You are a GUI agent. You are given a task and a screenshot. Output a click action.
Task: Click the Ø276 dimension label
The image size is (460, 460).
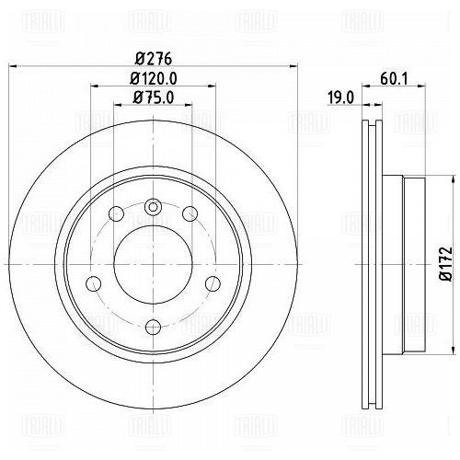(x=154, y=59)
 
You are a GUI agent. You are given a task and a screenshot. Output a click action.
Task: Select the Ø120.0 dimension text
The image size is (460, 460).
(x=154, y=78)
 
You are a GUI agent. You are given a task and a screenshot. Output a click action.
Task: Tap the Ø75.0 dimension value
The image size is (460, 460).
(x=154, y=98)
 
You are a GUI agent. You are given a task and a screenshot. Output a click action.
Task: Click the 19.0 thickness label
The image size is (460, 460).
(x=340, y=98)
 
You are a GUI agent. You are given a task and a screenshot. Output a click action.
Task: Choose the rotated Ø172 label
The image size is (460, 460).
(x=445, y=263)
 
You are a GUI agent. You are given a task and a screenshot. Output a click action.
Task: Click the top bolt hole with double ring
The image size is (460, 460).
(x=153, y=206)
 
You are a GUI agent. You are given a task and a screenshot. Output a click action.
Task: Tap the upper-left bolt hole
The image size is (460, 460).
(x=117, y=213)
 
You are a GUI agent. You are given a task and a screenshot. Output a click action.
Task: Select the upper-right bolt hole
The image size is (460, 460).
(x=190, y=213)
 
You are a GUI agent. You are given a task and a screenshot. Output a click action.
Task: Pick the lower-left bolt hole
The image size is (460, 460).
(x=94, y=283)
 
